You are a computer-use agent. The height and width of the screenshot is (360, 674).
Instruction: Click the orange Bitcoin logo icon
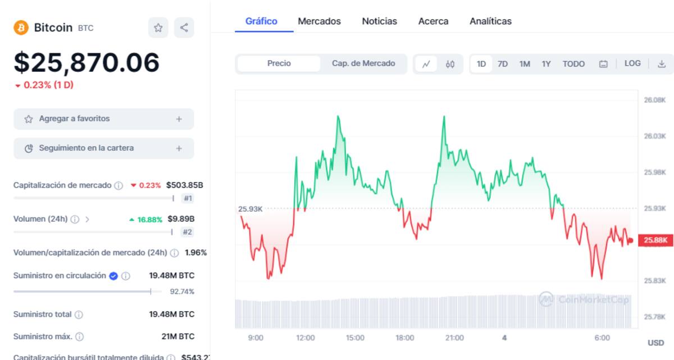coord(21,28)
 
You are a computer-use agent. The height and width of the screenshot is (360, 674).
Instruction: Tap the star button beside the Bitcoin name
coord(158,28)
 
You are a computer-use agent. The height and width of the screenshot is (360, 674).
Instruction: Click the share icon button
coord(184,28)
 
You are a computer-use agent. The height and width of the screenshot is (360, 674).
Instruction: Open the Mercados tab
coord(319,21)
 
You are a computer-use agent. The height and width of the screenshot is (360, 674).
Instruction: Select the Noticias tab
coord(379,21)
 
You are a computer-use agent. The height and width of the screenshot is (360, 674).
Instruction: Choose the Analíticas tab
coord(490,21)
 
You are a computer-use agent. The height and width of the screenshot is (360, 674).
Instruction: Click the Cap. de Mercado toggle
coord(363,63)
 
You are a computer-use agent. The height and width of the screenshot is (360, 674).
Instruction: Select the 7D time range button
coord(503,64)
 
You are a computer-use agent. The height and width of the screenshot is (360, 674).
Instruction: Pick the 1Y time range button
coord(546,64)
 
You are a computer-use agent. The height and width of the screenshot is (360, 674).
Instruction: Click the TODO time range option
coord(573,64)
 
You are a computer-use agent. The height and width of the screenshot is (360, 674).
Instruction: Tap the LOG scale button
coord(632,63)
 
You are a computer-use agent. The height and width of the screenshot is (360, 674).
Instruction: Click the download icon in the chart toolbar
coord(662,64)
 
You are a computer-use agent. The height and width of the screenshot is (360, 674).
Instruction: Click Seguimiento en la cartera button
coord(103,148)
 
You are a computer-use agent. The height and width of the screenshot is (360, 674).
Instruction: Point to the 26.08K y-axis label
coord(654,100)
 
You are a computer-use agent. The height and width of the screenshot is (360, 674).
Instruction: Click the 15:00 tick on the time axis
coord(355,338)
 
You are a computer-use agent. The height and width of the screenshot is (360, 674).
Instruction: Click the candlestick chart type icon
coord(450,64)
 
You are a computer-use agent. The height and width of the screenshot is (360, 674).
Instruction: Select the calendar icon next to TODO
coord(603,64)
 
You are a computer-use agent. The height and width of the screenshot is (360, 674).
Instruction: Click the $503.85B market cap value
coord(185,185)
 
